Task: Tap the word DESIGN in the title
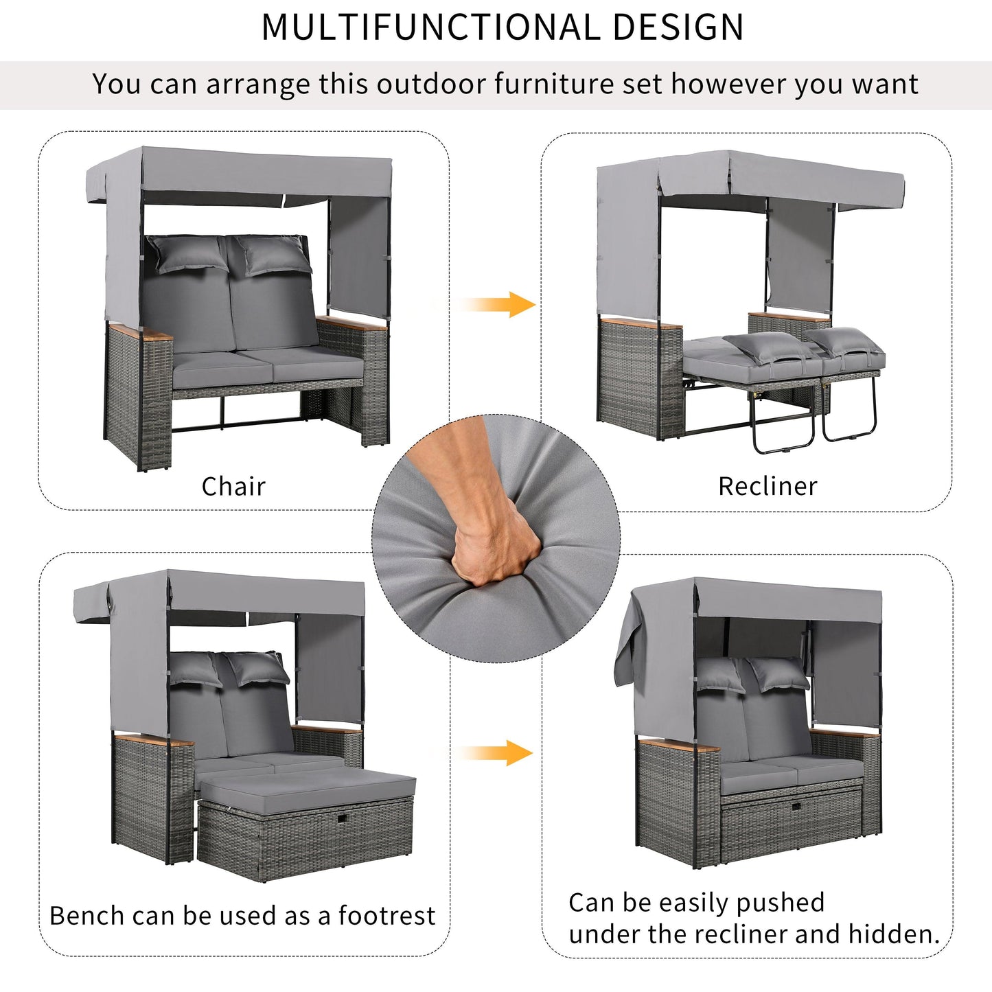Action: coord(678,28)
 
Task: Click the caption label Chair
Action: coord(233,486)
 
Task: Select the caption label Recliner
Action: coord(768,486)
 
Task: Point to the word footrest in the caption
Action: coord(387,916)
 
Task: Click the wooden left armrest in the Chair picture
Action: coord(141,334)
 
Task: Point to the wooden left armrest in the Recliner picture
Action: coord(640,322)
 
